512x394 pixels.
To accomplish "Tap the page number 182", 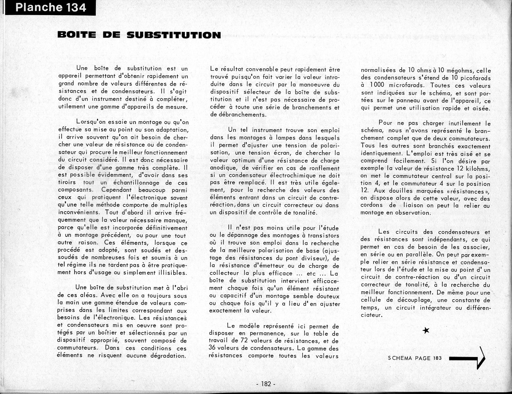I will [265, 384].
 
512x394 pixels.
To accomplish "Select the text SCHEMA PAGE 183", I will [415, 358].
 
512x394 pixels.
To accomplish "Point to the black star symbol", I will [426, 330].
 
